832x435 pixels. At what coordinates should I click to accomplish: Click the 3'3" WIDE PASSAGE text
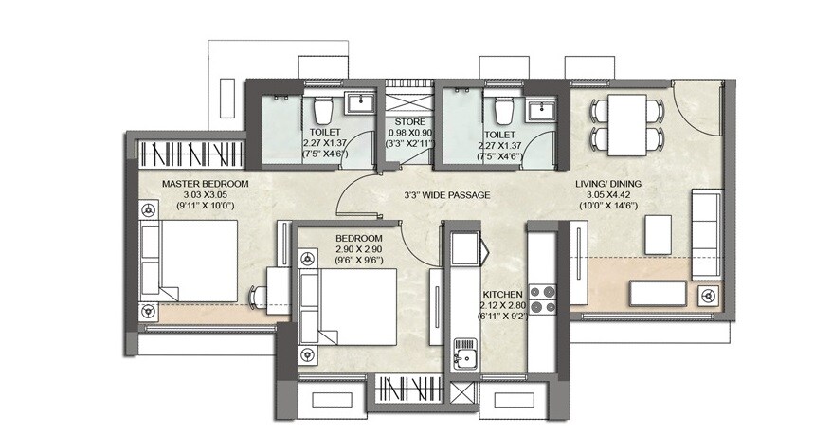(x=445, y=195)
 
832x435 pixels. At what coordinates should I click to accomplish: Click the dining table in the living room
(x=626, y=124)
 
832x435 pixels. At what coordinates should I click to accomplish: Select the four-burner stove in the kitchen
(x=543, y=299)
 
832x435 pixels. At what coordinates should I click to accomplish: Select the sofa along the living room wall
(x=706, y=233)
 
